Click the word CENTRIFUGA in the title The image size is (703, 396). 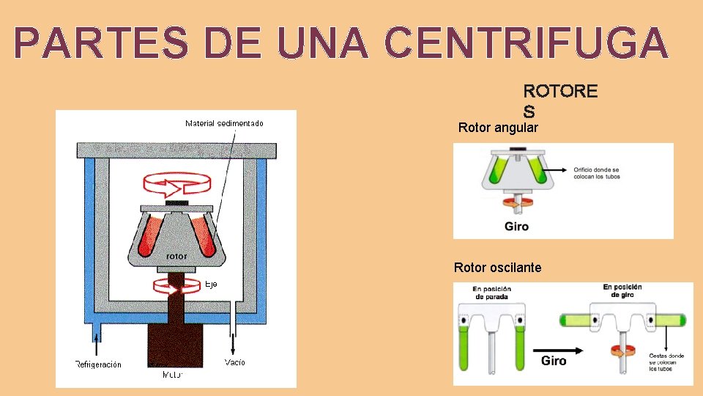coord(525,43)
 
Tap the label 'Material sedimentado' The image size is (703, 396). coord(224,123)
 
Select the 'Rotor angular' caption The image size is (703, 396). coord(498,128)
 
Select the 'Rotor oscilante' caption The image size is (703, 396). coord(498,268)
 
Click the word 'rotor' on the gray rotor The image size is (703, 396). coord(176,257)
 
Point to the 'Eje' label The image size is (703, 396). coord(211,284)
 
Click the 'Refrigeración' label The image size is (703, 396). coord(98,364)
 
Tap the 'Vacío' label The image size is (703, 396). coord(235,362)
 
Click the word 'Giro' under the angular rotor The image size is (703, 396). coord(516,226)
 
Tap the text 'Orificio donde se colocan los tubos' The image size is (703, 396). coord(597,173)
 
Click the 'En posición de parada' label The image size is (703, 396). coord(492,293)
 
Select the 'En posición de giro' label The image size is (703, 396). coord(622,291)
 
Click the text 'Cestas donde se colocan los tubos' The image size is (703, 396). coord(666,362)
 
